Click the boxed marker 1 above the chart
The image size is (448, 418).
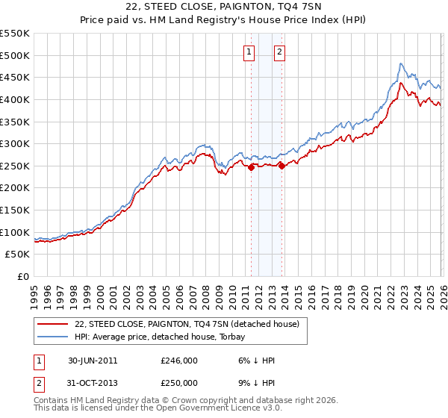tap(248, 52)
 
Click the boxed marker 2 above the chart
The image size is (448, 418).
tap(279, 52)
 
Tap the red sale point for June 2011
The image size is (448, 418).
tap(251, 168)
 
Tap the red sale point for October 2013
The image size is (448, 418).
tap(281, 166)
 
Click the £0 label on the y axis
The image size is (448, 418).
tap(24, 277)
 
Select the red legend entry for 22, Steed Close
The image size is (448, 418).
tap(187, 324)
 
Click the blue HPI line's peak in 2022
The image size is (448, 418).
tap(401, 64)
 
